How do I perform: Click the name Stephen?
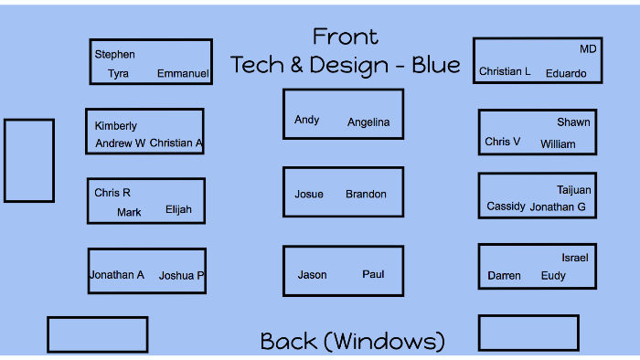[114, 55]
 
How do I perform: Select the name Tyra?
[118, 74]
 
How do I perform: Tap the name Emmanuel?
[183, 74]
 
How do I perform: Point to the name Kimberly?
[115, 126]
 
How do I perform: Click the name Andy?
[306, 120]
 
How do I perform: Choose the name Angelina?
[368, 122]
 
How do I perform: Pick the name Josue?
[308, 195]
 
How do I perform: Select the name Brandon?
[366, 195]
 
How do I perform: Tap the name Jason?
[312, 275]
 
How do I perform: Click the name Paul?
[373, 274]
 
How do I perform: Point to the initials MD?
[588, 49]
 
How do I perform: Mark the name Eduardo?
[566, 74]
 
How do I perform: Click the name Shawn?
[573, 122]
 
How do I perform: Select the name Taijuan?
[574, 190]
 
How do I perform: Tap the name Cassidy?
[506, 206]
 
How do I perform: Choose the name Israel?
[575, 259]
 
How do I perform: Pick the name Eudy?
[553, 276]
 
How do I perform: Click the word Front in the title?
[345, 37]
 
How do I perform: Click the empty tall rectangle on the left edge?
[29, 161]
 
